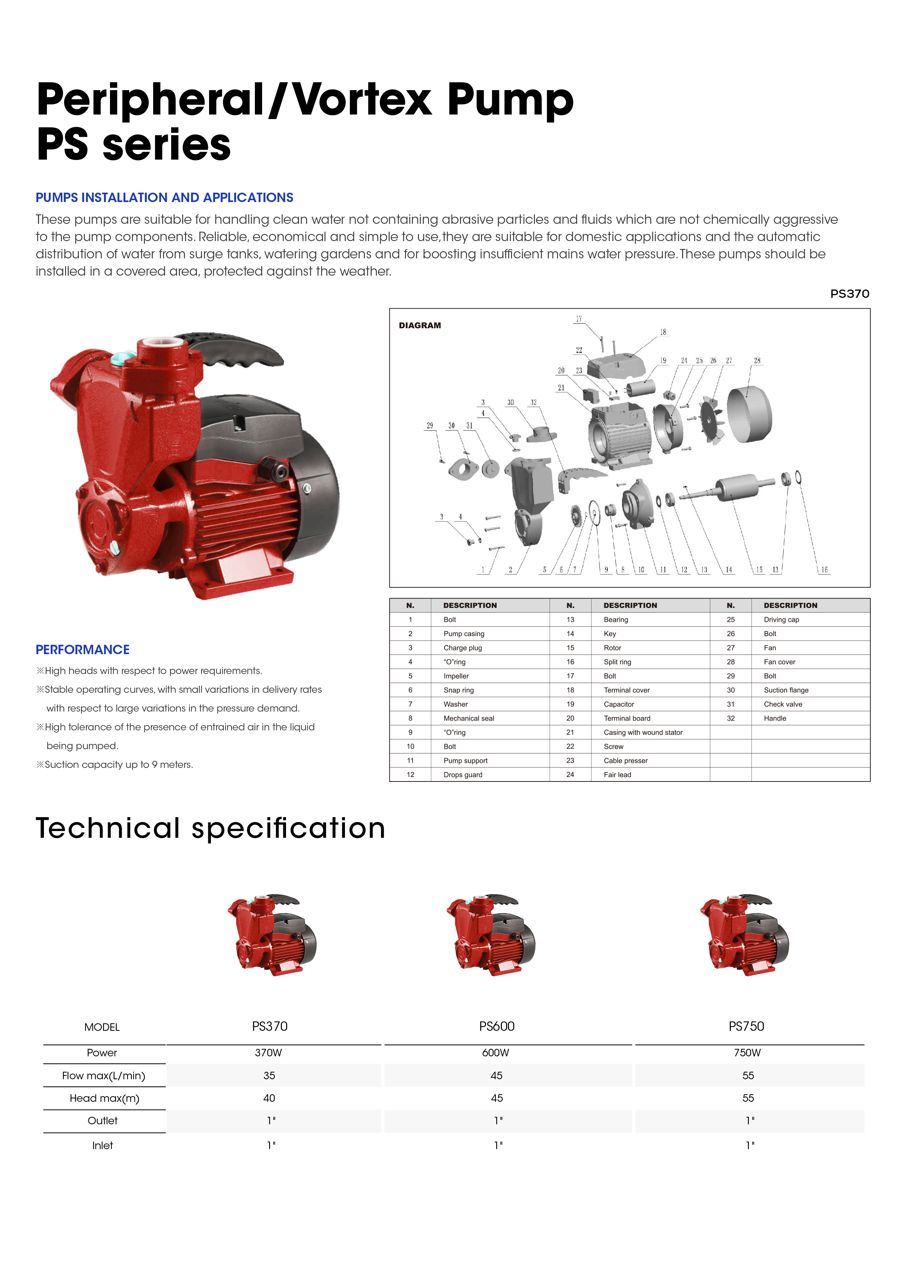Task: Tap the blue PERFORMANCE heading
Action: click(x=83, y=649)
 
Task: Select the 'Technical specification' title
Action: click(x=211, y=828)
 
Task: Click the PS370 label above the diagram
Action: click(x=850, y=294)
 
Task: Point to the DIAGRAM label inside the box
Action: click(x=420, y=326)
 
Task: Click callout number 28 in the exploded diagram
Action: click(x=757, y=360)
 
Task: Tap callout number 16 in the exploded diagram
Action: click(x=824, y=570)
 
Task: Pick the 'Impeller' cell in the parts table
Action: click(x=456, y=676)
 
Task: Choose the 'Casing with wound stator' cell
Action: click(x=643, y=732)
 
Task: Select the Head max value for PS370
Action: click(x=269, y=1098)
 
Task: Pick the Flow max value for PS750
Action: click(x=748, y=1075)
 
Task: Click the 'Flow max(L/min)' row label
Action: click(x=104, y=1075)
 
